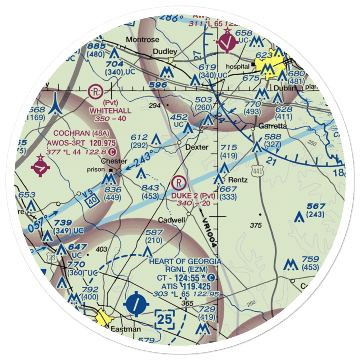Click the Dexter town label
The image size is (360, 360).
[x=197, y=147]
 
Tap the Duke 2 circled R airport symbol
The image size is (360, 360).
[x=179, y=183]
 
